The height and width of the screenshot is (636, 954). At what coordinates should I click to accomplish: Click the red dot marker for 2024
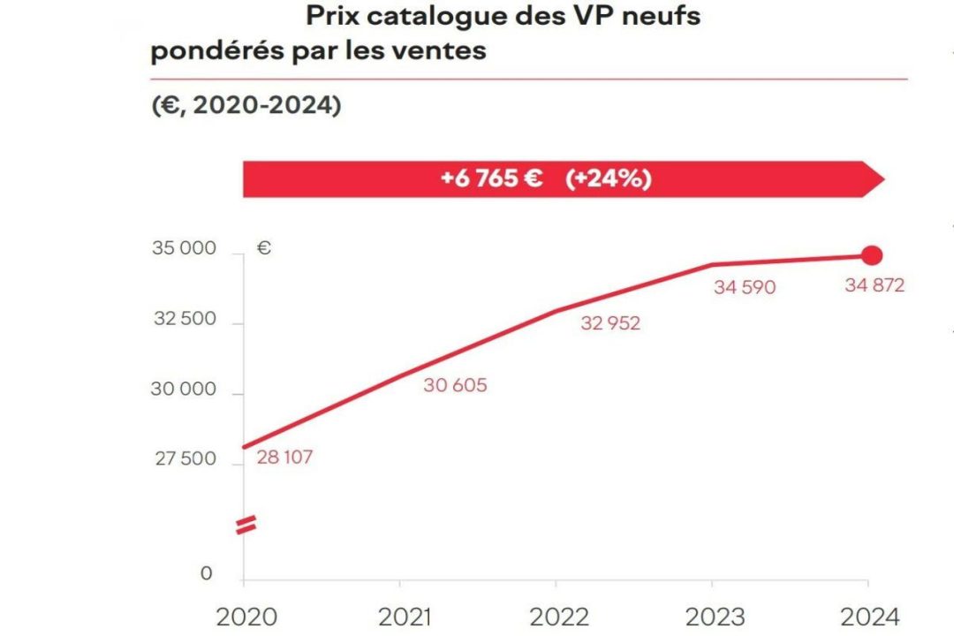872,256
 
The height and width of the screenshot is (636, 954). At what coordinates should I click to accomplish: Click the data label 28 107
285,458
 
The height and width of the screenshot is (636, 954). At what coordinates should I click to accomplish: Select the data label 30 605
455,385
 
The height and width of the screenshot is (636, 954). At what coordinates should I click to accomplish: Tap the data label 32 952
610,323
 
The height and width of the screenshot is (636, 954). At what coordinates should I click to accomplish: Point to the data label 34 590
745,287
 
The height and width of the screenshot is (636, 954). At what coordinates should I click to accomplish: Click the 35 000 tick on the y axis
184,248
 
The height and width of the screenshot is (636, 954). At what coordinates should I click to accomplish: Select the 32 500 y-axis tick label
184,319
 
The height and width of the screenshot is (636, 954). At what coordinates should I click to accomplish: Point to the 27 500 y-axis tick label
184,459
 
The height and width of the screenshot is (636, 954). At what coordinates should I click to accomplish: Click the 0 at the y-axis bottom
207,574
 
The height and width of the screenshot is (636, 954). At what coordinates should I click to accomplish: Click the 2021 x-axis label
401,617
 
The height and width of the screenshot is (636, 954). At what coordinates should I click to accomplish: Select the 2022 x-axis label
556,617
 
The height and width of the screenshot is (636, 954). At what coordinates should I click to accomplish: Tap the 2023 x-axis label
713,617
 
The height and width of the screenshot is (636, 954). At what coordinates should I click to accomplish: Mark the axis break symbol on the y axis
245,526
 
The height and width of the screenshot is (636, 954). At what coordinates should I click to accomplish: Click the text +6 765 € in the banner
491,179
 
